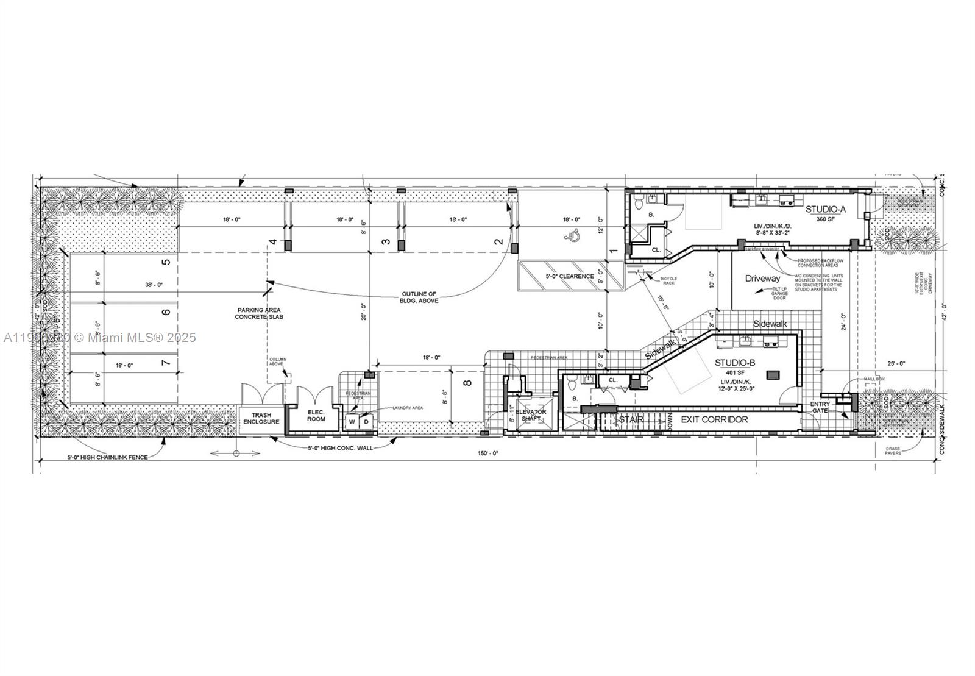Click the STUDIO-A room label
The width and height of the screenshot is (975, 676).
(826, 210)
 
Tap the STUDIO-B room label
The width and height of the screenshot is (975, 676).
(735, 363)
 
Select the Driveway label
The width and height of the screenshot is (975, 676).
(762, 279)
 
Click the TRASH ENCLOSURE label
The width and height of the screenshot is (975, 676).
(261, 419)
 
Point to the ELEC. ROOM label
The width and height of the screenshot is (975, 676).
(316, 415)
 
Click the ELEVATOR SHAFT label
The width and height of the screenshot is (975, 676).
(531, 415)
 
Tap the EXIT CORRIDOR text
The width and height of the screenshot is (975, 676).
(714, 419)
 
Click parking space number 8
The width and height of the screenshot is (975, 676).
(467, 383)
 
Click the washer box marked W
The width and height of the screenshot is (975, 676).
(352, 422)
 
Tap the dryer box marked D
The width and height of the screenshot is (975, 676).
(366, 422)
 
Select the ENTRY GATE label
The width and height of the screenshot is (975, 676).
(820, 408)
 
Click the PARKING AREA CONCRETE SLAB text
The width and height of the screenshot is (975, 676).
(260, 314)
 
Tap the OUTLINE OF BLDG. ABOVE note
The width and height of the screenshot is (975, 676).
(419, 297)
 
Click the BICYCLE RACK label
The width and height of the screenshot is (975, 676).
(668, 280)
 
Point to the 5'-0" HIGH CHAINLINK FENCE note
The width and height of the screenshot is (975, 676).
(107, 457)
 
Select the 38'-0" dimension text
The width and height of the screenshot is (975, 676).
(154, 285)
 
